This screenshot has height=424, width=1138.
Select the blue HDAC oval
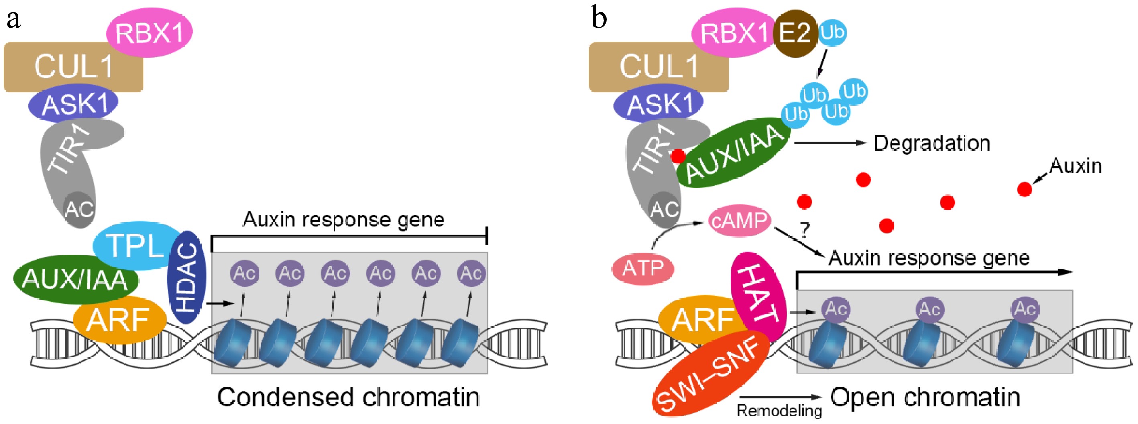pyautogui.click(x=186, y=277)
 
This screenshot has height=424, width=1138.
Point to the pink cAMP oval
pyautogui.click(x=739, y=220)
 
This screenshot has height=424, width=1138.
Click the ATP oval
pyautogui.click(x=643, y=268)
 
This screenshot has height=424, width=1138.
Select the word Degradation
pyautogui.click(x=932, y=143)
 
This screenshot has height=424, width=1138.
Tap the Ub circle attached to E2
pyautogui.click(x=833, y=32)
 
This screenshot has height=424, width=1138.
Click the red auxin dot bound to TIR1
pyautogui.click(x=678, y=155)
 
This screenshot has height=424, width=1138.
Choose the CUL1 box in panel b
pyautogui.click(x=658, y=67)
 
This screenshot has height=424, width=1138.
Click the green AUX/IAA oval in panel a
pyautogui.click(x=75, y=279)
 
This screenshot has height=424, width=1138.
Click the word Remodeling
pyautogui.click(x=779, y=410)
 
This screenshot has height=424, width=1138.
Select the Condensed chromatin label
pyautogui.click(x=348, y=397)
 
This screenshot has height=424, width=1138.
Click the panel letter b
pyautogui.click(x=599, y=18)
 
